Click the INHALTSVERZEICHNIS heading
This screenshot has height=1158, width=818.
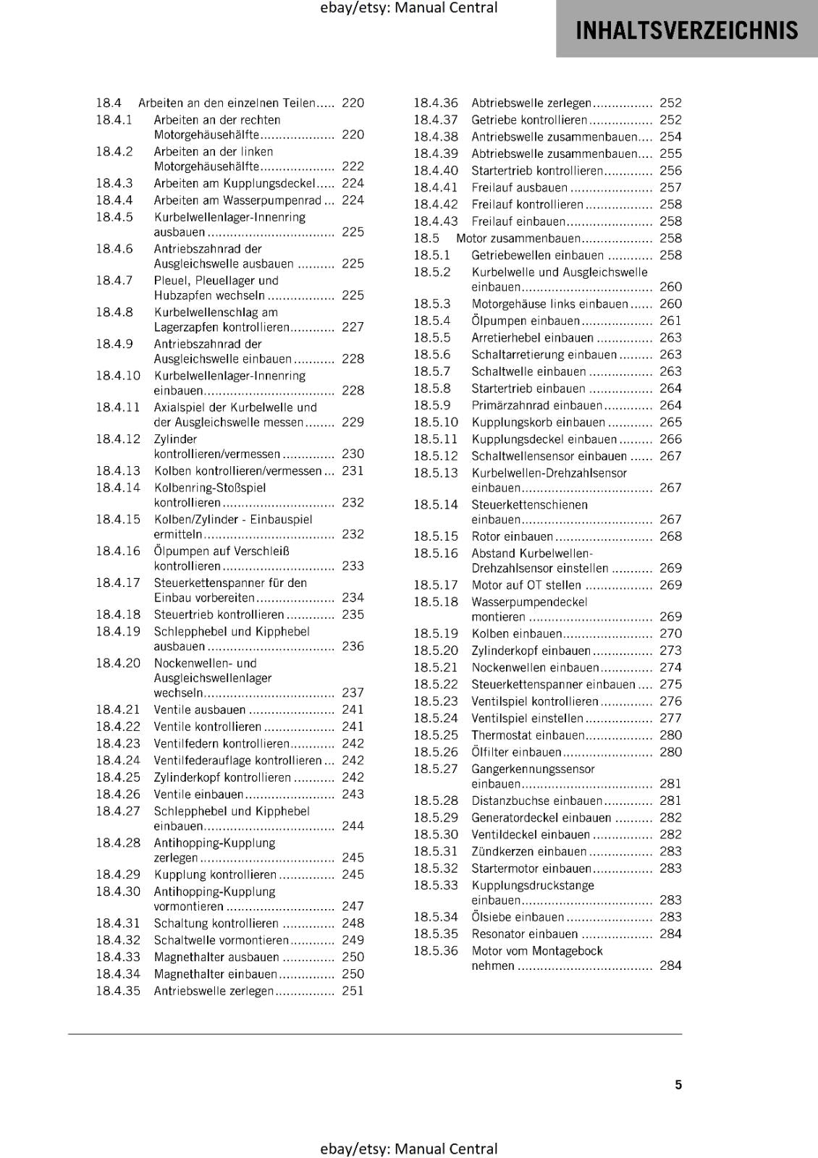pos(686,30)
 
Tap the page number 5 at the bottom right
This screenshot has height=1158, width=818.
pos(678,1084)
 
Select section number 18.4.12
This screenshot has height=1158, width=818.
pos(118,439)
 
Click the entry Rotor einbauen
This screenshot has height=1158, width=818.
pos(512,536)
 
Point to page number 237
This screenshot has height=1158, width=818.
pos(353,693)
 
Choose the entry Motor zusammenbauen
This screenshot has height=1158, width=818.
pos(518,238)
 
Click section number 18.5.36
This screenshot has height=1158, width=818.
pos(436,950)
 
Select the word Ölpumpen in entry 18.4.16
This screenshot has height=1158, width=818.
pos(175,551)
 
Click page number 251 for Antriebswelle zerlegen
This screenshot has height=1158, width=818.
pos(353,991)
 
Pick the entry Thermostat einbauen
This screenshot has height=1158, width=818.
pos(528,735)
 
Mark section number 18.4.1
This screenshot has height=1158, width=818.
pos(114,120)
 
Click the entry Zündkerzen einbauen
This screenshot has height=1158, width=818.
pos(528,851)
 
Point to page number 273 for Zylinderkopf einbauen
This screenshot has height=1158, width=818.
pos(670,651)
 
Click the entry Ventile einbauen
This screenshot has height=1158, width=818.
pos(198,794)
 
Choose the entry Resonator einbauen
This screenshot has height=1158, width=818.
pos(524,934)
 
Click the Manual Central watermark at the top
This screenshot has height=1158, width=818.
pos(408,8)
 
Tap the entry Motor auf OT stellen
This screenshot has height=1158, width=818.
pos(526,585)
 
